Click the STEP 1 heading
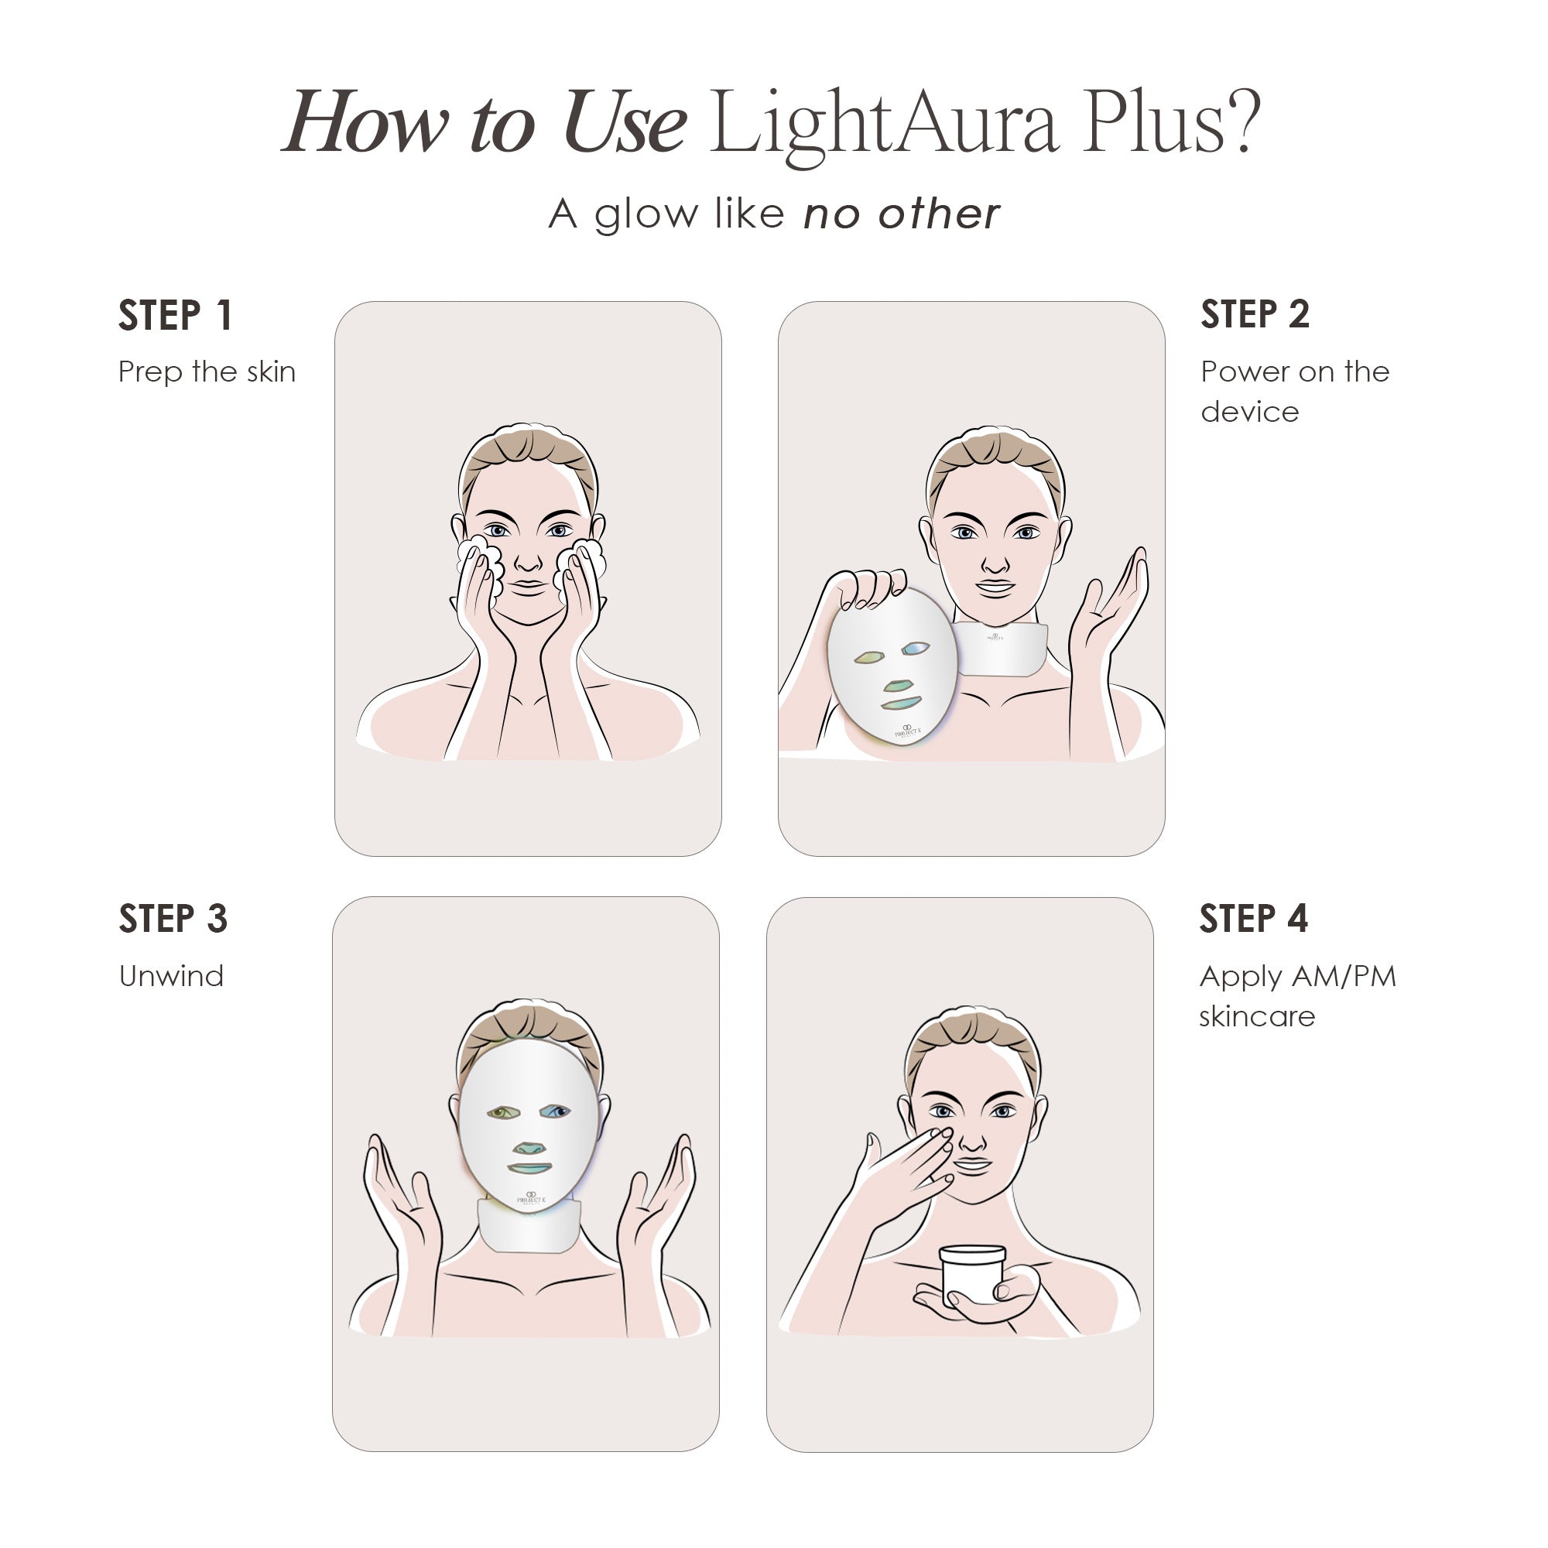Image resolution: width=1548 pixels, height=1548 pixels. [x=176, y=315]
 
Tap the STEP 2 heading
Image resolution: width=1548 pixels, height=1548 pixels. [x=1255, y=314]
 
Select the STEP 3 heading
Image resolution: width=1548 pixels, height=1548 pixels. [x=173, y=918]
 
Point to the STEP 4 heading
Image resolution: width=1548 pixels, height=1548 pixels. [x=1253, y=918]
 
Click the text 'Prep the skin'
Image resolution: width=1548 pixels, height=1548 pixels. [x=207, y=372]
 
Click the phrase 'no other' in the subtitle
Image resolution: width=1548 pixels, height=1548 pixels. [x=902, y=214]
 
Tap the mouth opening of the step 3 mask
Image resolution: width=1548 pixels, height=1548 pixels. [x=529, y=1169]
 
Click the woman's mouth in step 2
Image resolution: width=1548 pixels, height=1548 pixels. [x=995, y=587]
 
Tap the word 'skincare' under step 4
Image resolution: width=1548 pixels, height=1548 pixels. [x=1256, y=1017]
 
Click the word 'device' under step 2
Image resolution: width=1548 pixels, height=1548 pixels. [x=1249, y=412]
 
